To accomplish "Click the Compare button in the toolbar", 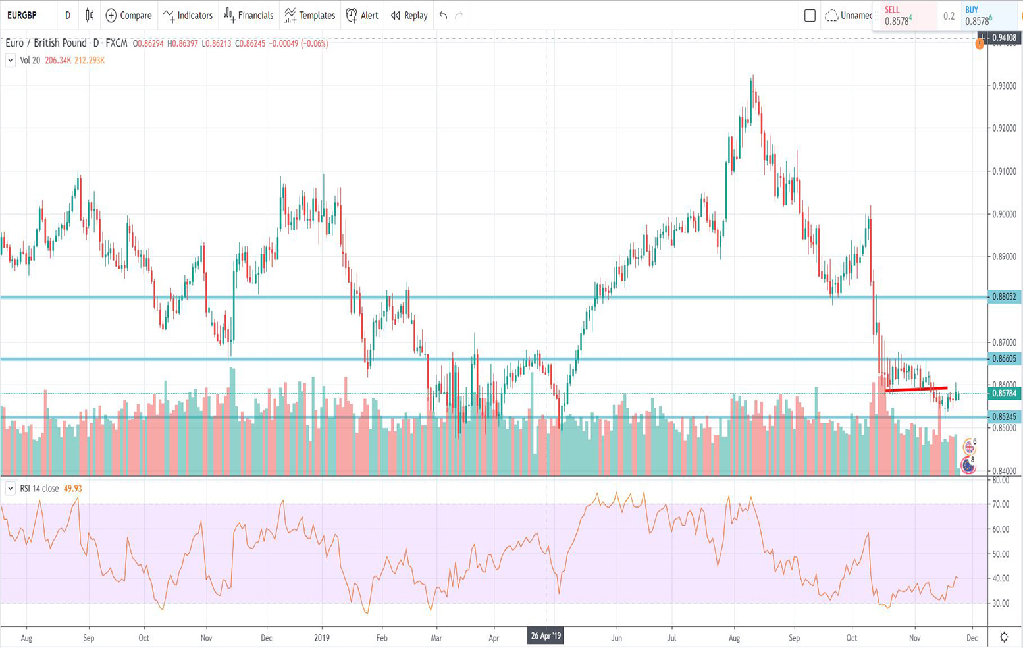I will pyautogui.click(x=128, y=15).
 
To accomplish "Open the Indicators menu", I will pyautogui.click(x=188, y=15).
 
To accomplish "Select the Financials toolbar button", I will pyautogui.click(x=248, y=15).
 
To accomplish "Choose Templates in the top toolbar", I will pyautogui.click(x=309, y=15).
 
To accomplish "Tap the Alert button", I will pyautogui.click(x=362, y=15).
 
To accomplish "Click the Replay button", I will pyautogui.click(x=409, y=15).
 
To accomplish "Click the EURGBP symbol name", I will pyautogui.click(x=22, y=15).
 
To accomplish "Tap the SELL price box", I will pyautogui.click(x=905, y=16).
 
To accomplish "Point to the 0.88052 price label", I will pyautogui.click(x=1004, y=297).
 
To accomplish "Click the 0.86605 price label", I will pyautogui.click(x=1004, y=359).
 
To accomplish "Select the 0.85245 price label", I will pyautogui.click(x=1004, y=417).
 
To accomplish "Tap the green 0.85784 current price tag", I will pyautogui.click(x=1004, y=394).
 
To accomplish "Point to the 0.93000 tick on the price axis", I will pyautogui.click(x=1004, y=86).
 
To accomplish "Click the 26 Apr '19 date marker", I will pyautogui.click(x=546, y=637).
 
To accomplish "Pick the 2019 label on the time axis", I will pyautogui.click(x=322, y=638).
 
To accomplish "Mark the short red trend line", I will pyautogui.click(x=916, y=390).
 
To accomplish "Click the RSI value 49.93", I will pyautogui.click(x=72, y=489).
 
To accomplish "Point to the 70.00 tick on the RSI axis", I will pyautogui.click(x=1001, y=504).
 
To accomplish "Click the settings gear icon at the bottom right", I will pyautogui.click(x=1004, y=637).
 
